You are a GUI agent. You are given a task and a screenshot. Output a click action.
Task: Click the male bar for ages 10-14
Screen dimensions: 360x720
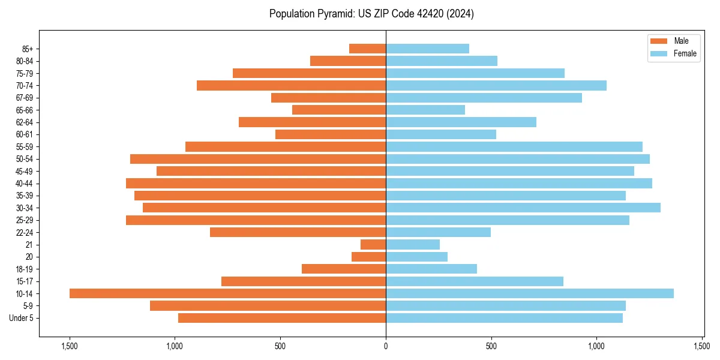click(227, 293)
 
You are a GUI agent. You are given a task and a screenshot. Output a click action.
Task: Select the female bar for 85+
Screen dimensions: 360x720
click(427, 49)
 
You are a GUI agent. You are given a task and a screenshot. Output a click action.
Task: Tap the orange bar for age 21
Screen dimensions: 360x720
click(373, 244)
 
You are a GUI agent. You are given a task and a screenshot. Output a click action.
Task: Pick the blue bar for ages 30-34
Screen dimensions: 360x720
click(523, 208)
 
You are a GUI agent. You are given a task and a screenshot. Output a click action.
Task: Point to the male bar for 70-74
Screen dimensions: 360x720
click(291, 85)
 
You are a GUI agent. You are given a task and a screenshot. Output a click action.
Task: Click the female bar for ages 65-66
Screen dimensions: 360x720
click(425, 110)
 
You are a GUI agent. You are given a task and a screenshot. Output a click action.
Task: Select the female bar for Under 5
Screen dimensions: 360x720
click(504, 318)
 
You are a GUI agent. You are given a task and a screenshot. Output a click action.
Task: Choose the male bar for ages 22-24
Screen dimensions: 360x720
click(298, 232)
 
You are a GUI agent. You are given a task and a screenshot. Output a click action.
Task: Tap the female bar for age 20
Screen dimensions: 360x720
click(416, 257)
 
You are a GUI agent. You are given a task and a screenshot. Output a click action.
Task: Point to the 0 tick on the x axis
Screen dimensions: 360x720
click(386, 346)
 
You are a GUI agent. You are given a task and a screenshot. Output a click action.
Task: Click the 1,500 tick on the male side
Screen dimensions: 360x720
click(70, 346)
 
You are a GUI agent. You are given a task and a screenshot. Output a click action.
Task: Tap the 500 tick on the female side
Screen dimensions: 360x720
click(491, 346)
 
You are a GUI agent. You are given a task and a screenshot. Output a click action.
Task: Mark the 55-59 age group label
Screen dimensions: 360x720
click(25, 146)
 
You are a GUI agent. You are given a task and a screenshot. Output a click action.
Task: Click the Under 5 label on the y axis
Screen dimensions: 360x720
click(22, 318)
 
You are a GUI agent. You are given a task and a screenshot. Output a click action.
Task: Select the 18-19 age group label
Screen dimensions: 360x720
click(25, 269)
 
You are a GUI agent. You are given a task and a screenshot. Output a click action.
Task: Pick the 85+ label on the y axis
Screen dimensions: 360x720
click(28, 49)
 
